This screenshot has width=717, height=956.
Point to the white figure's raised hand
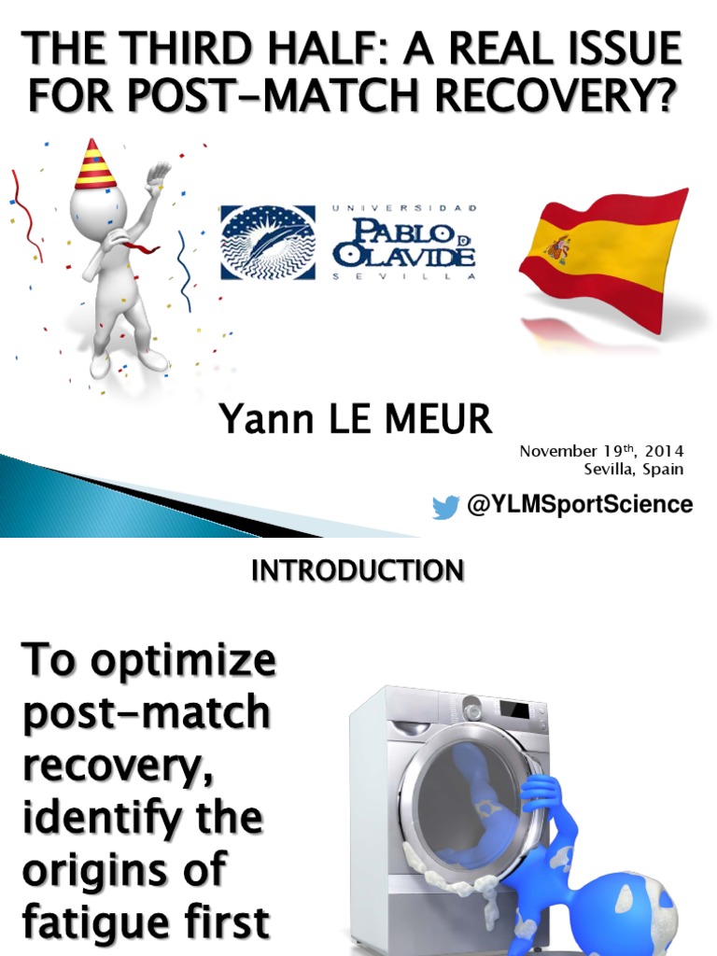(x=158, y=176)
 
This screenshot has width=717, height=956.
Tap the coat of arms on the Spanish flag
(x=558, y=248)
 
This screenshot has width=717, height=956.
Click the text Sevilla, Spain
(x=634, y=469)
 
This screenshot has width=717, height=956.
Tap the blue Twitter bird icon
(x=445, y=507)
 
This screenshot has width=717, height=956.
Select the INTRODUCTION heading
(x=358, y=570)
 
